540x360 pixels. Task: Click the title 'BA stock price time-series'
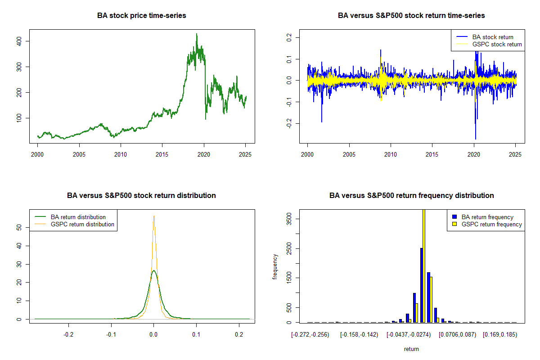(141, 16)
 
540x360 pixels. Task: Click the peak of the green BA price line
(196, 34)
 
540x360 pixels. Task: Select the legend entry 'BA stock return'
(493, 37)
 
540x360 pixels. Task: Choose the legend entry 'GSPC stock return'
(497, 44)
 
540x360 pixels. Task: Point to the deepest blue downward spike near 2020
(476, 139)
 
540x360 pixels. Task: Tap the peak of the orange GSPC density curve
(154, 216)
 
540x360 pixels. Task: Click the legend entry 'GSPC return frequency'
(492, 224)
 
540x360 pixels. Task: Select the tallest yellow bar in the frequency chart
(424, 265)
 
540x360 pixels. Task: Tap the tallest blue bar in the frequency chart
(421, 285)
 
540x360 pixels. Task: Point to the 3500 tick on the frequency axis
(288, 219)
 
